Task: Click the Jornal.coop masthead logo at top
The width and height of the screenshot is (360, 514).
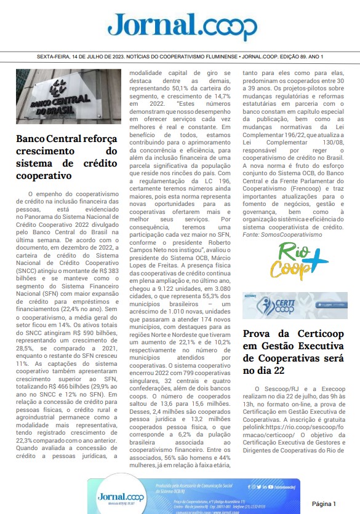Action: (182, 26)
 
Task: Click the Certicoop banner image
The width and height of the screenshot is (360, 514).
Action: (295, 305)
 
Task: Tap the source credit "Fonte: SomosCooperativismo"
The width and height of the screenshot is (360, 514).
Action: (282, 235)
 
